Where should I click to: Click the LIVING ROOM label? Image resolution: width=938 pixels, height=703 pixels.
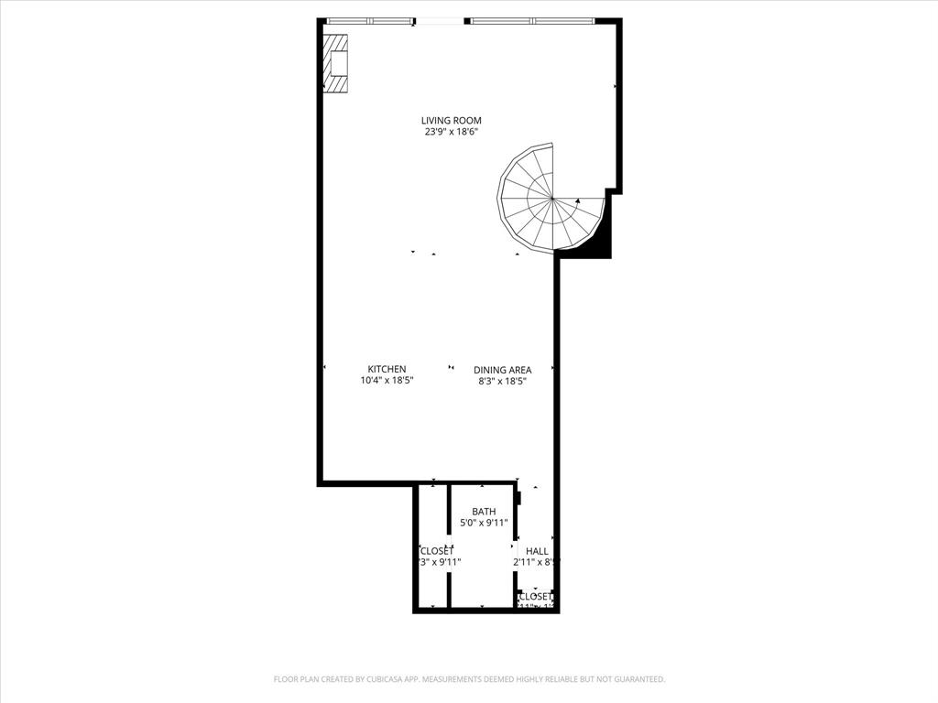[451, 121]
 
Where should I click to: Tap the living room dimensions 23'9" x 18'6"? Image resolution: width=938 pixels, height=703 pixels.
[451, 133]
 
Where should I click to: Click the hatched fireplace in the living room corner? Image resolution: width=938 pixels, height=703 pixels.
[336, 63]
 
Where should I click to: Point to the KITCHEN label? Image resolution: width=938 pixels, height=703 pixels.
[387, 370]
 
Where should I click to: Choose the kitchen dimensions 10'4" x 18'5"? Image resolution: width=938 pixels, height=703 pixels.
[387, 381]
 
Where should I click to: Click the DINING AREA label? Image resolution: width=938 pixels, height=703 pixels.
[502, 371]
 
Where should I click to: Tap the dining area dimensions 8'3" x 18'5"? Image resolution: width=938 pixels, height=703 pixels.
[502, 382]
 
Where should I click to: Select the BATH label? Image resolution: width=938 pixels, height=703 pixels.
[484, 512]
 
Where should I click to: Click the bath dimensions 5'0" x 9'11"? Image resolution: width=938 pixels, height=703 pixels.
[484, 524]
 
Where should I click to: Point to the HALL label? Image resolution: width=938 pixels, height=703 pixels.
[537, 551]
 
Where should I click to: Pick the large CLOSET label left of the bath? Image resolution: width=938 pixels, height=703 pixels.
[436, 551]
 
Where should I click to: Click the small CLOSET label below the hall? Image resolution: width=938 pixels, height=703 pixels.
[535, 596]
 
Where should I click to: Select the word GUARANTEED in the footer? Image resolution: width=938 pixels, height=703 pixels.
[634, 679]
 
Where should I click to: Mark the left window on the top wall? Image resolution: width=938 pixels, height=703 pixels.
[369, 20]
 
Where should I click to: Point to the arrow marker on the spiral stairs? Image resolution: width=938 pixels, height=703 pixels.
[578, 200]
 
